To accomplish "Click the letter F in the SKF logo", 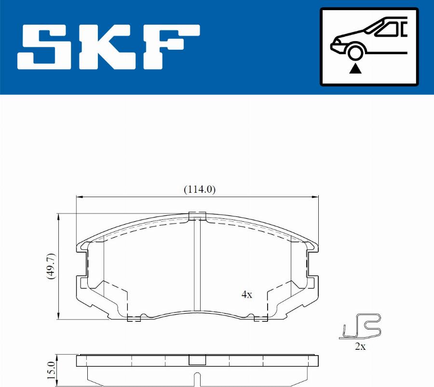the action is (171, 47).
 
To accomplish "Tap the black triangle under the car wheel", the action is (355, 69).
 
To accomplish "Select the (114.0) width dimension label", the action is (200, 189).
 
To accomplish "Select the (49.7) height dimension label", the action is (52, 266).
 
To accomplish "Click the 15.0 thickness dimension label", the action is (51, 371).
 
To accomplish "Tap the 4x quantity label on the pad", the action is (246, 294).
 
